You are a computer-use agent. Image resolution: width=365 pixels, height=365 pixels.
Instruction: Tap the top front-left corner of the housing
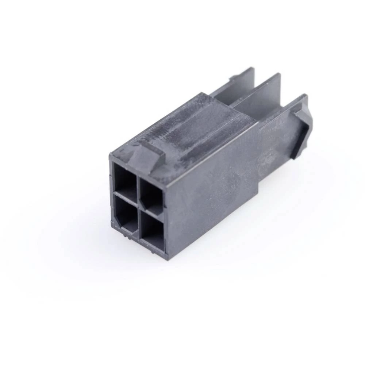[x=110, y=155]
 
